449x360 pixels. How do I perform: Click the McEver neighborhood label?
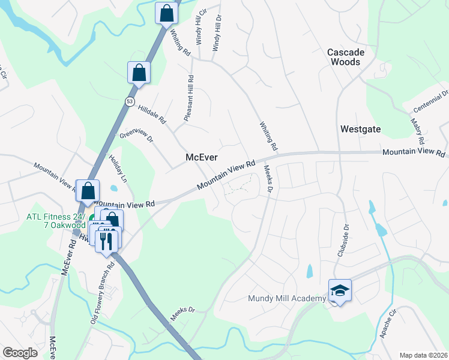(x=200, y=157)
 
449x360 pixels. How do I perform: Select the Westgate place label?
(x=361, y=128)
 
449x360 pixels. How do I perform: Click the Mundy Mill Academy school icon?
(x=340, y=291)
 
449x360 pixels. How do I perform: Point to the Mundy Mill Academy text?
(x=288, y=298)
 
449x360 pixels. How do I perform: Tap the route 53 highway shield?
(x=130, y=102)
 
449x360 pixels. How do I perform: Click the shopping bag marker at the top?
(x=166, y=13)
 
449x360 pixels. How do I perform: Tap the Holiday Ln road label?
(x=118, y=169)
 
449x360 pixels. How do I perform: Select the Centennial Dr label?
(x=431, y=102)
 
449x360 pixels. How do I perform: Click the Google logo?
(x=20, y=353)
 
